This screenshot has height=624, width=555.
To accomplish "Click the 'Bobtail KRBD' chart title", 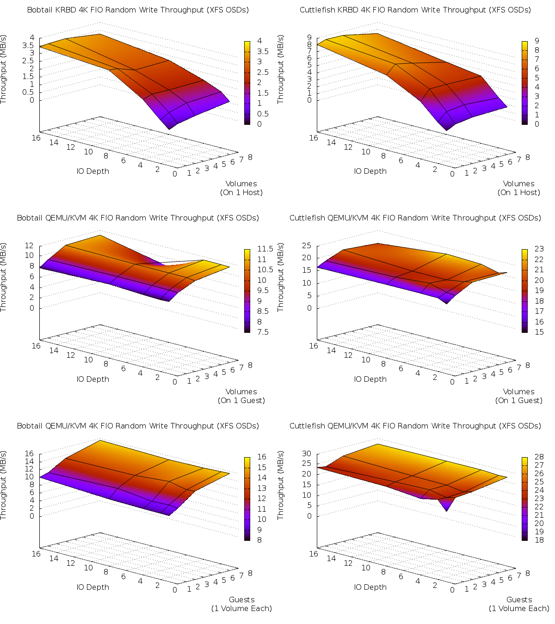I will [138, 10].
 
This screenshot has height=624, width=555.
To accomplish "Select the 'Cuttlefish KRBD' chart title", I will [415, 10].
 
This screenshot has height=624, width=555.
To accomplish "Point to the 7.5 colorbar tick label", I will [263, 332].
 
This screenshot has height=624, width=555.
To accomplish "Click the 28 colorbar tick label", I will [539, 457].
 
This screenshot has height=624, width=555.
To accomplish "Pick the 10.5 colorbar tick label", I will [262, 270].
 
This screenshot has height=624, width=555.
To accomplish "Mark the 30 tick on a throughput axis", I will [307, 453].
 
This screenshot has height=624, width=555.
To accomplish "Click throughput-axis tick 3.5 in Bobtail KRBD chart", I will [28, 45].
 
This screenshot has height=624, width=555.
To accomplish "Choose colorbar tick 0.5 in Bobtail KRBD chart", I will [263, 114].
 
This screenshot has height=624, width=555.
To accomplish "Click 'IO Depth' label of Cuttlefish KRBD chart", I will [370, 171].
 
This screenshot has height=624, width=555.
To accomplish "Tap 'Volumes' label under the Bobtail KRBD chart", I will [241, 184].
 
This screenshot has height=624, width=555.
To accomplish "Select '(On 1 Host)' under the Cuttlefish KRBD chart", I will [518, 192].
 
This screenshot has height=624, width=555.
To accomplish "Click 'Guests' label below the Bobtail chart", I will [241, 600].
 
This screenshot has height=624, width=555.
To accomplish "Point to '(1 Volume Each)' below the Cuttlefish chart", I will [519, 608].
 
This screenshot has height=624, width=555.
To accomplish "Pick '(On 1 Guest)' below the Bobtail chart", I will [241, 400].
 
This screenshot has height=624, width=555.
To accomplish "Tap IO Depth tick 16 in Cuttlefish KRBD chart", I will [314, 138].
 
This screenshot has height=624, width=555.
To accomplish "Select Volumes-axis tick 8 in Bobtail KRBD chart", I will [250, 157].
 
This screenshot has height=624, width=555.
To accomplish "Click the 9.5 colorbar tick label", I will [263, 291].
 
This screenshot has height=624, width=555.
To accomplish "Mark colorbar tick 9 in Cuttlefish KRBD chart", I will [537, 41].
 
